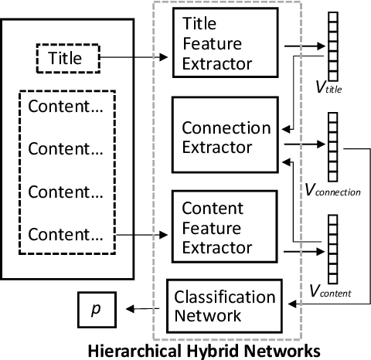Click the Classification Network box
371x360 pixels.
point(213,305)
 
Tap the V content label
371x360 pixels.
point(330,292)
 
